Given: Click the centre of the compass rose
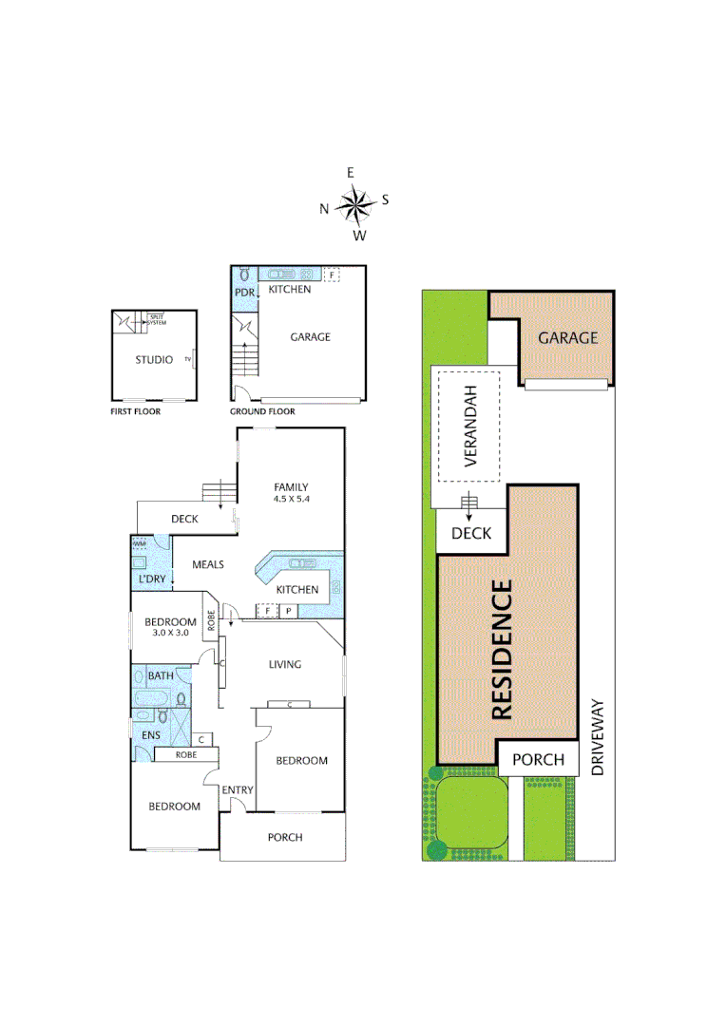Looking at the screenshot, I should (x=355, y=203).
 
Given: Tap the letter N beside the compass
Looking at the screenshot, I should (x=324, y=208).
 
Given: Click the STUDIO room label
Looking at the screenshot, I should (x=153, y=360).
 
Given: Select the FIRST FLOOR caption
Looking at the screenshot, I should (x=134, y=412).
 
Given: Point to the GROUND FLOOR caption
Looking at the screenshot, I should (x=262, y=412).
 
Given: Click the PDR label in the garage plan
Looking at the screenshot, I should (x=244, y=293).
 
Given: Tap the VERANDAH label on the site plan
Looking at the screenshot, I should (x=468, y=427).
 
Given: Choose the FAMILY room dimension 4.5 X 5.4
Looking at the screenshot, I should (x=291, y=499).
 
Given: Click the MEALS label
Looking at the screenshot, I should (x=208, y=564).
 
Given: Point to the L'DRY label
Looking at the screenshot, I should (x=153, y=579).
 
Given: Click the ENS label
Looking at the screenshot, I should (x=151, y=735).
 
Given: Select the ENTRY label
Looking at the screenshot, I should (x=237, y=790).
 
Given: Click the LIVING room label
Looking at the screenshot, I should (x=284, y=664).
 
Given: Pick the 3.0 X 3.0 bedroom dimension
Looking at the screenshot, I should (x=172, y=632).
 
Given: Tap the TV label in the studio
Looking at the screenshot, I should (x=188, y=361).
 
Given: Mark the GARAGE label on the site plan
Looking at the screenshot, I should (x=567, y=337).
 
